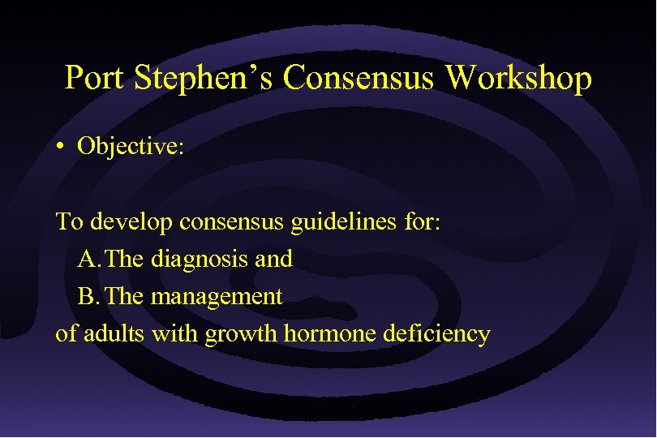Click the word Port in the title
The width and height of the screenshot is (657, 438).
[x=96, y=79]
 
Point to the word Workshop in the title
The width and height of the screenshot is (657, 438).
[x=518, y=79]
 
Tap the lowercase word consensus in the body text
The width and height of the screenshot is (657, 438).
[x=234, y=221]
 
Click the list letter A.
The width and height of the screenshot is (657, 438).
[x=88, y=260]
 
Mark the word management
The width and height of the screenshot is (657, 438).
[x=217, y=297]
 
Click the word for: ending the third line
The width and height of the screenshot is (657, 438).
[x=421, y=221]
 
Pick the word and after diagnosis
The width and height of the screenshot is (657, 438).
[x=275, y=260]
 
